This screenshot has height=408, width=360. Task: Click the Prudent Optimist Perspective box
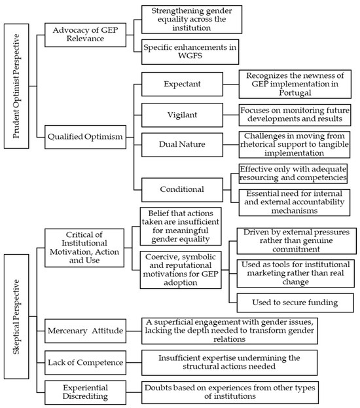coord(16,86)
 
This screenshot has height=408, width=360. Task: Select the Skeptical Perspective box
coord(16,316)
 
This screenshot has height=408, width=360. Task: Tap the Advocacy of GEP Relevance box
coord(85,35)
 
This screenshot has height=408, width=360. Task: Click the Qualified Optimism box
coord(85,137)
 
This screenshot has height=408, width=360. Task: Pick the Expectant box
coord(182,84)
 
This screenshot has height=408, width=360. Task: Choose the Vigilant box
coord(182,115)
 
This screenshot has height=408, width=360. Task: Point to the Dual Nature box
coord(182,145)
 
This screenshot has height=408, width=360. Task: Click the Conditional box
coord(182,190)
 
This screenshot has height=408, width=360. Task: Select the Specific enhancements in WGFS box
coord(190,52)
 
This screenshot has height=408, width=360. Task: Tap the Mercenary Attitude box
coord(85,331)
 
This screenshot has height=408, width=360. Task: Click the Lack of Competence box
coord(85,363)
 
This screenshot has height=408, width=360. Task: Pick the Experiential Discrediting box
coord(85,392)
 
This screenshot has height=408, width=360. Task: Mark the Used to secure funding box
coord(295,303)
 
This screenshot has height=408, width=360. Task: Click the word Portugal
coord(295,93)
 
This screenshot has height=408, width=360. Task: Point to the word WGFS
coord(190,56)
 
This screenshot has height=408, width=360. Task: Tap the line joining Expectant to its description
coord(231,84)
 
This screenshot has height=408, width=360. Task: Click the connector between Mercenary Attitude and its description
coord(134,331)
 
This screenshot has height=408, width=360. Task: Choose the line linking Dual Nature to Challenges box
coord(231,145)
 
